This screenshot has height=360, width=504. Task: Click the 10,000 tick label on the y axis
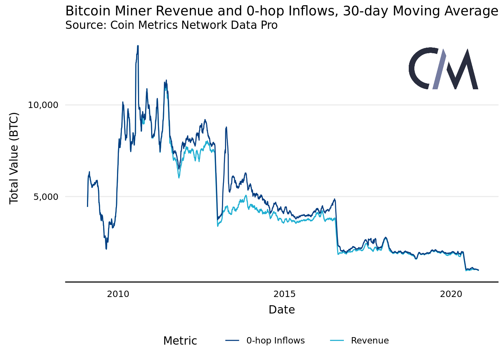[x=43, y=105]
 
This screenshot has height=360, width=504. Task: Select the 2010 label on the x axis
[x=118, y=294]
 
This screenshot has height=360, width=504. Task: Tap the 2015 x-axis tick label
[x=285, y=294]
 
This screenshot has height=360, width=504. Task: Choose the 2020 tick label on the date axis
[x=451, y=294]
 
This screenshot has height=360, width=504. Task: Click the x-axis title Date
[x=282, y=310]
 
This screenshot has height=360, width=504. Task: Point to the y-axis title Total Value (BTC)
[x=14, y=158]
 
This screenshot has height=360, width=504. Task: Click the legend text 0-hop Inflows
[x=275, y=340]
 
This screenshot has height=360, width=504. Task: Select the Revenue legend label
[x=370, y=340]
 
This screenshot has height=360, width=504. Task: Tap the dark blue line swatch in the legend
[x=232, y=340]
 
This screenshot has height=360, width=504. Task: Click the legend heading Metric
[x=180, y=341]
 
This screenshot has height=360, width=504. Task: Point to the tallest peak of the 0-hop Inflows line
[x=138, y=46]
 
